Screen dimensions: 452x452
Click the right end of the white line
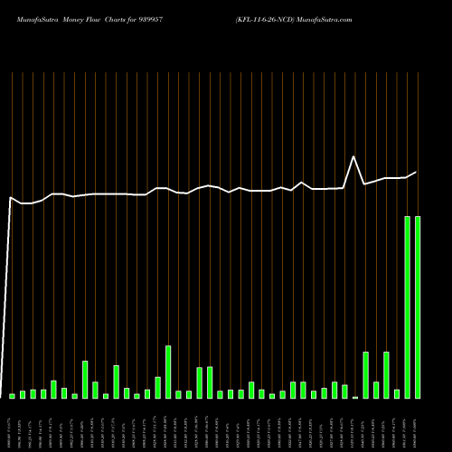tap(417, 172)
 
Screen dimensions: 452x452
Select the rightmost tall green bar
tap(417, 307)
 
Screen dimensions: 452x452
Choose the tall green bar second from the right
tap(407, 307)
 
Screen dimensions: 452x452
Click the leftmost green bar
tap(12, 396)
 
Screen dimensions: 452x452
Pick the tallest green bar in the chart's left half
tap(167, 372)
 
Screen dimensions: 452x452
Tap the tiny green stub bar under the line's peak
tap(355, 397)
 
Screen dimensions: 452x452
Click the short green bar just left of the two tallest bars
tap(396, 394)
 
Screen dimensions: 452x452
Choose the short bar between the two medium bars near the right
tap(376, 390)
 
